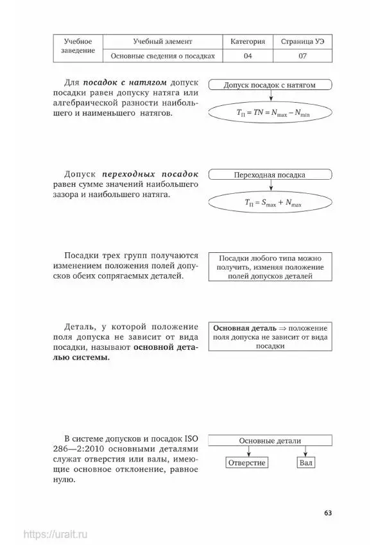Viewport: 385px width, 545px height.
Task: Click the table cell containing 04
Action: tap(248, 56)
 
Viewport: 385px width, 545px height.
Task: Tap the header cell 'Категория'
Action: tap(248, 41)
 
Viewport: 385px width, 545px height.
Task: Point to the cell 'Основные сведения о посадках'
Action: tap(162, 56)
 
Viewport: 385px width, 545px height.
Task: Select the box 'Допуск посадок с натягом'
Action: tap(270, 85)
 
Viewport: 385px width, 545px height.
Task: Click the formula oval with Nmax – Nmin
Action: tap(270, 113)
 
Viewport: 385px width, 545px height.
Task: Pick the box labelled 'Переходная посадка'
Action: tap(270, 175)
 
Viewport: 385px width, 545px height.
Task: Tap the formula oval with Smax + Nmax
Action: tap(270, 203)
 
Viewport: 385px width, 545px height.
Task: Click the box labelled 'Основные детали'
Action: tap(270, 440)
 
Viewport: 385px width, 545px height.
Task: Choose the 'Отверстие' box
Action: tap(246, 463)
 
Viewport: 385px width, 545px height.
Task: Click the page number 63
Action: tap(328, 512)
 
